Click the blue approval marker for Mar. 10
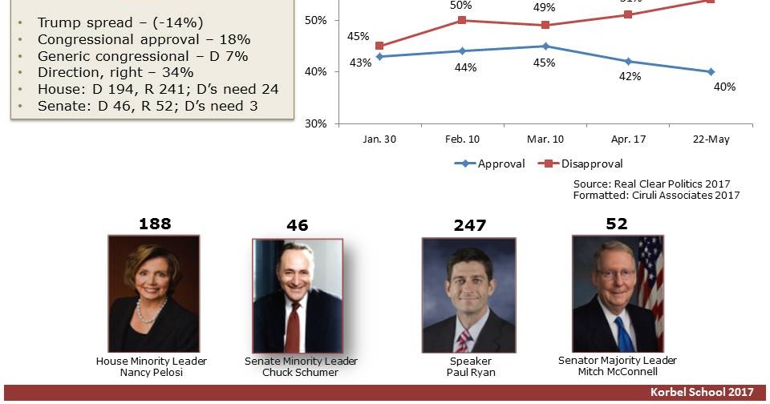(545, 46)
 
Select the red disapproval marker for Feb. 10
(461, 20)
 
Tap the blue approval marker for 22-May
(711, 71)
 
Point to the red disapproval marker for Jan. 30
(379, 46)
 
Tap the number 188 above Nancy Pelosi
(155, 223)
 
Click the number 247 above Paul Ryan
(469, 225)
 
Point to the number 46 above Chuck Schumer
(297, 225)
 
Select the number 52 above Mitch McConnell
(616, 224)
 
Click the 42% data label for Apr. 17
(630, 77)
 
